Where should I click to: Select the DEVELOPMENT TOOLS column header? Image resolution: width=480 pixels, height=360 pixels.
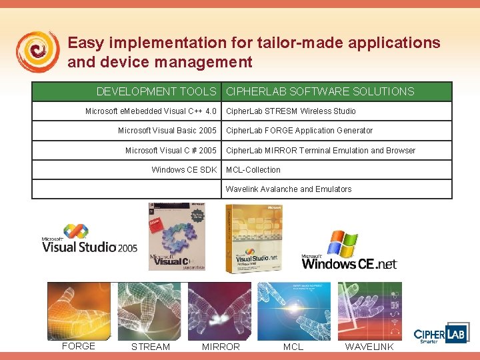pos(157,91)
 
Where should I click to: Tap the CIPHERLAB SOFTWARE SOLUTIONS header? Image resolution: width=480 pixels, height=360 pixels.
pos(320,91)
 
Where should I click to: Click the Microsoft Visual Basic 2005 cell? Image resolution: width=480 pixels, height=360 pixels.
pos(167,131)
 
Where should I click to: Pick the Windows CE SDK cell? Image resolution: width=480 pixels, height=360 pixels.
pos(184,170)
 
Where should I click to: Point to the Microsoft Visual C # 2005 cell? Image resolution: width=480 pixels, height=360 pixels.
pos(171,151)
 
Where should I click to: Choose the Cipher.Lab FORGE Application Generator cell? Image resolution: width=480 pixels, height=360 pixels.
pos(299,131)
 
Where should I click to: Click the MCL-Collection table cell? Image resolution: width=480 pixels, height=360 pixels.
pos(253,170)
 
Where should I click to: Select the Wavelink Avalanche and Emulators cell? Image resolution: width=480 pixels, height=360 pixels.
pos(289,189)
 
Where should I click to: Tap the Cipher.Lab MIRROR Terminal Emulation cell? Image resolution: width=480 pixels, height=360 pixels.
pos(321,151)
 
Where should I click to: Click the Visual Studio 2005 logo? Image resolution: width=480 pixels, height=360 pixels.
pos(89,239)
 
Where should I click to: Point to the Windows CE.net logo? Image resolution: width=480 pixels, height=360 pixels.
pos(349,252)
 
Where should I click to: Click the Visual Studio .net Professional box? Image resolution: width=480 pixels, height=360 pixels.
pos(253,238)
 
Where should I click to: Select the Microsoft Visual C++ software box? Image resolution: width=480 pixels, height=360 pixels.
pos(177,236)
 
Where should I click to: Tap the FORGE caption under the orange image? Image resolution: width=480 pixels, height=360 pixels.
pos(79,346)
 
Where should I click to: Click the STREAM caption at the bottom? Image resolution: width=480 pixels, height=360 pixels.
pos(151,347)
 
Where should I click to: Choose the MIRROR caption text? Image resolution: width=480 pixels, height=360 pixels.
pos(221,347)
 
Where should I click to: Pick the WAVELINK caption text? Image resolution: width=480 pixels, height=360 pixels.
pos(369,347)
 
